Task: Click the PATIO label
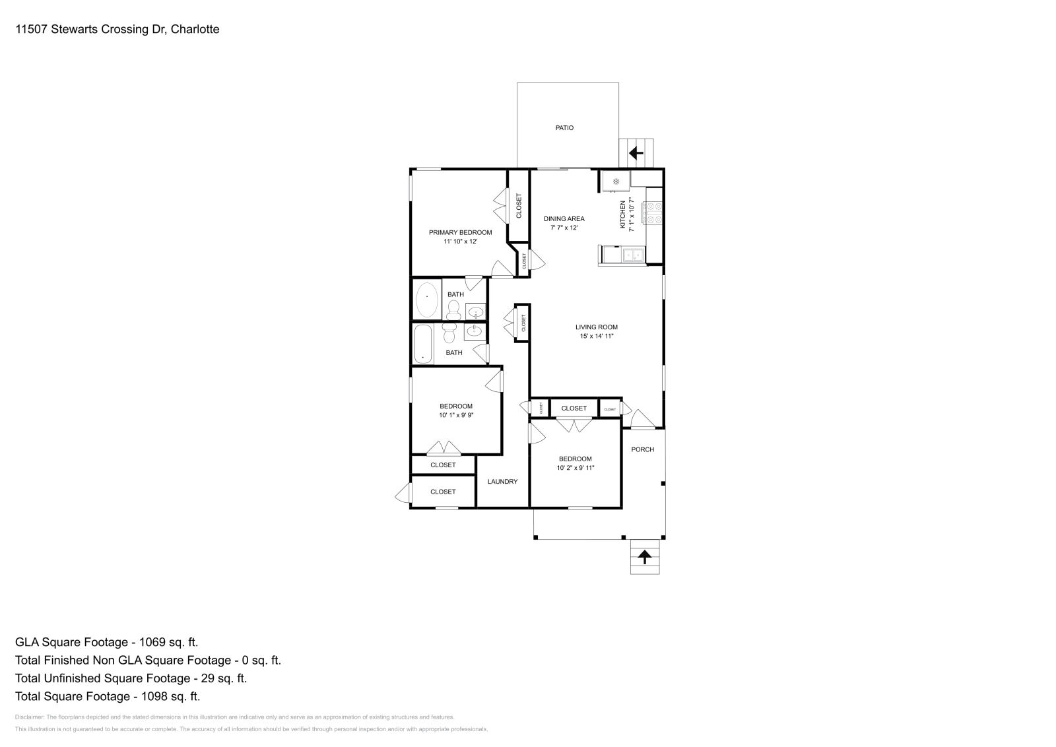564,128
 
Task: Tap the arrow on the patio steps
636,154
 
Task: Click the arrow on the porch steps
644,557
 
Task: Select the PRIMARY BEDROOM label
460,232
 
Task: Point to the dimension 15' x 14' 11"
596,337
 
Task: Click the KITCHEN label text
622,215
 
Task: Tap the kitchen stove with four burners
653,213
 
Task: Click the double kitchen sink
633,254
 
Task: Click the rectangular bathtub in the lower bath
422,343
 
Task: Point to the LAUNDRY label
502,482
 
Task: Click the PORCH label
642,449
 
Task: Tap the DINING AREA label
564,219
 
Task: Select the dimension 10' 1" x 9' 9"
456,416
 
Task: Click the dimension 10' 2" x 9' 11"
576,469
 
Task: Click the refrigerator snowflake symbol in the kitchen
615,181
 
